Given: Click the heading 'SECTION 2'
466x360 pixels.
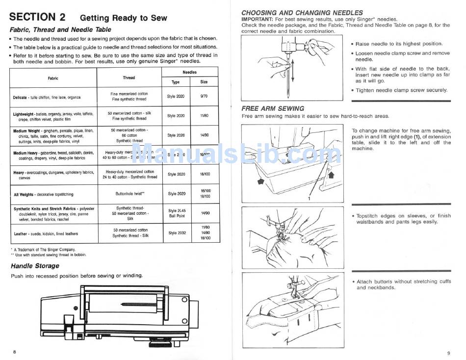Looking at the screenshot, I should [37, 17].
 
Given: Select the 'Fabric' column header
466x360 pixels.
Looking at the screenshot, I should [53, 78].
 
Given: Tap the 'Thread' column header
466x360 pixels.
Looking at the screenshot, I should [129, 77].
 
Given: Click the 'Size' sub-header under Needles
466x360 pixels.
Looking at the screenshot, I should [204, 82].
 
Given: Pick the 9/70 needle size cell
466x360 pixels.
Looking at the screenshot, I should [204, 96].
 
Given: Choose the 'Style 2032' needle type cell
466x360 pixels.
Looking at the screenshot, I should [176, 233].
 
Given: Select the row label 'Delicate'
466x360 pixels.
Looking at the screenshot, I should [20, 98].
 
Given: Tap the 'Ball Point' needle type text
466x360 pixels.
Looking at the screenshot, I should [177, 216].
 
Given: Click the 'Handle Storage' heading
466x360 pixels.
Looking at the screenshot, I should [35, 266].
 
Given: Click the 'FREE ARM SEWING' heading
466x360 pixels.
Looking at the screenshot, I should [273, 108].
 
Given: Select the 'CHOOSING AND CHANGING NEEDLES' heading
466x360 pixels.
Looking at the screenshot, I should [302, 12].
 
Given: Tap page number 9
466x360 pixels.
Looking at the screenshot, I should [448, 353].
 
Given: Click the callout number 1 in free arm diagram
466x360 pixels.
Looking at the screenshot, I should [309, 199].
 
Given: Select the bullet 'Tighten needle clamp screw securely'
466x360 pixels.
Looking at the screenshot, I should [401, 90].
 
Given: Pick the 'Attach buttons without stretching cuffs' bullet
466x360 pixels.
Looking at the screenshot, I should [403, 282].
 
